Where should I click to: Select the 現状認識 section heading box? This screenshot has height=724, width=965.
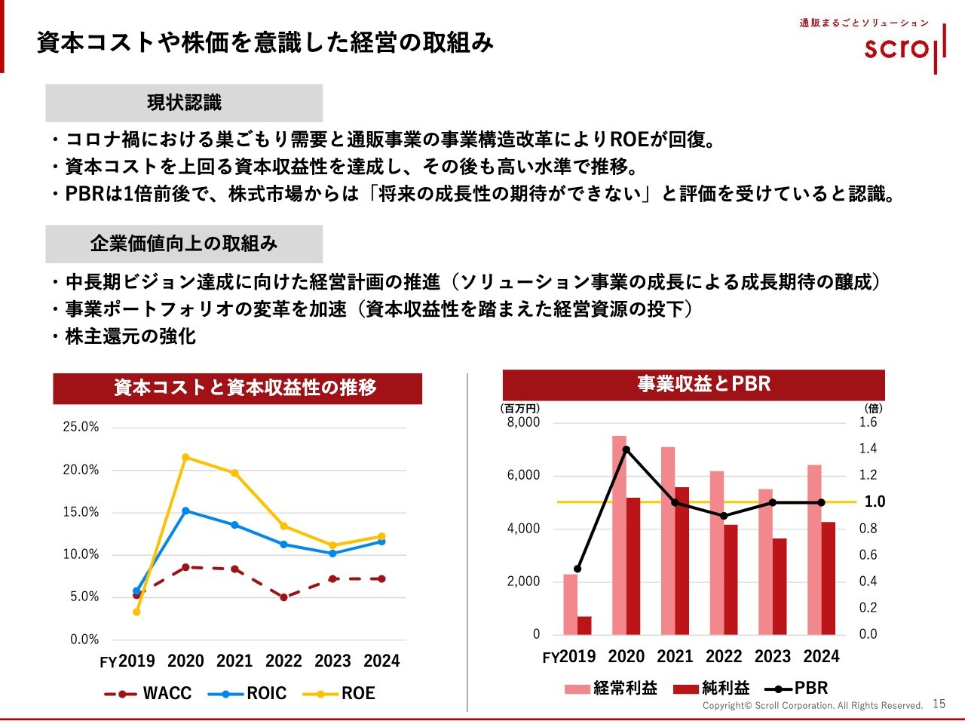click(x=184, y=103)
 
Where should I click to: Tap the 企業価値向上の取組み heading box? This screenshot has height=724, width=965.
click(x=184, y=244)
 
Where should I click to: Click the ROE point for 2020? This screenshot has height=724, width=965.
click(x=185, y=457)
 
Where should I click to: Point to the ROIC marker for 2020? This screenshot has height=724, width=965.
click(x=185, y=511)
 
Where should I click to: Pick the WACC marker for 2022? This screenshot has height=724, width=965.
click(x=283, y=597)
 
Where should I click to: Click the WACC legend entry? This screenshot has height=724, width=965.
click(x=149, y=693)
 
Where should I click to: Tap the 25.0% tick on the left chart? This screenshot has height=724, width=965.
click(x=81, y=427)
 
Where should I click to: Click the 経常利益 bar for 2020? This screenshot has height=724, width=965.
click(x=619, y=535)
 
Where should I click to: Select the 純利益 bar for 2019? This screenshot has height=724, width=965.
click(x=584, y=625)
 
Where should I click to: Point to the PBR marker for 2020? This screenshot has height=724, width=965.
click(x=626, y=449)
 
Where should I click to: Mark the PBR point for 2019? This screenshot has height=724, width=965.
click(x=577, y=569)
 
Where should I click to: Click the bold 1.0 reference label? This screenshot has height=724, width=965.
click(x=875, y=502)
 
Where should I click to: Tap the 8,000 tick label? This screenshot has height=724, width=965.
click(x=523, y=422)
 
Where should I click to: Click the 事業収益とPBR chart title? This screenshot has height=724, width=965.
click(x=694, y=385)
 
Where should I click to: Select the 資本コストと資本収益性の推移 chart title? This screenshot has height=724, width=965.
click(x=237, y=388)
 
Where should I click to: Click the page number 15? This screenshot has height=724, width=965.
click(x=939, y=704)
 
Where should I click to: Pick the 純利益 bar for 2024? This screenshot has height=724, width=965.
click(x=829, y=578)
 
